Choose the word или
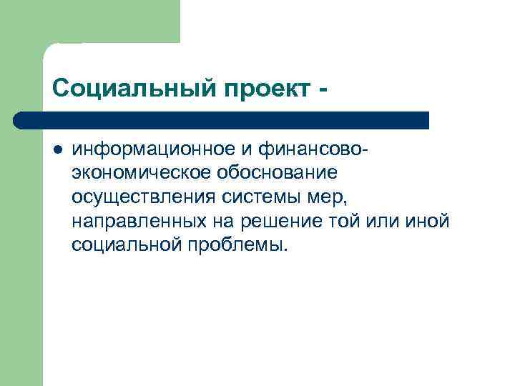pyautogui.click(x=383, y=221)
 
